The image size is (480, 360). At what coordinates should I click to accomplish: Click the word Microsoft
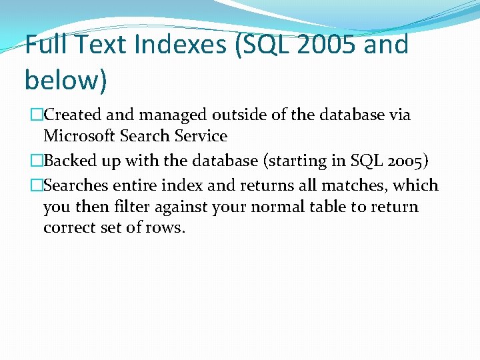tap(79, 136)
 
